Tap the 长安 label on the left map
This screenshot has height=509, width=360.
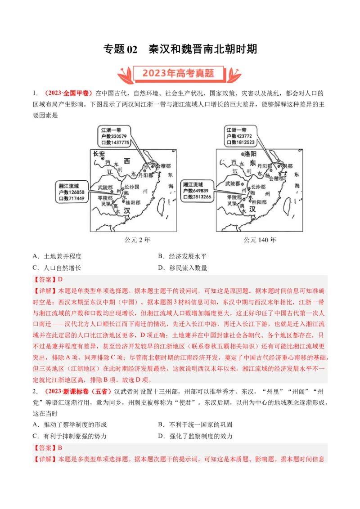[x=99, y=154]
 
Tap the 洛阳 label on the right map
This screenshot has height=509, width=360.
[x=247, y=154]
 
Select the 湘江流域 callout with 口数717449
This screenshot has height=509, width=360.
[x=72, y=192]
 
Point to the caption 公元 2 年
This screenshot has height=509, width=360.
[x=137, y=240]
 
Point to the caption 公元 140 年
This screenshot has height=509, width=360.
[x=260, y=240]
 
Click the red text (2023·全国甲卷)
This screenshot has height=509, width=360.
[x=68, y=93]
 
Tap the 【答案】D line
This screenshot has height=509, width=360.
[x=49, y=279]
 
